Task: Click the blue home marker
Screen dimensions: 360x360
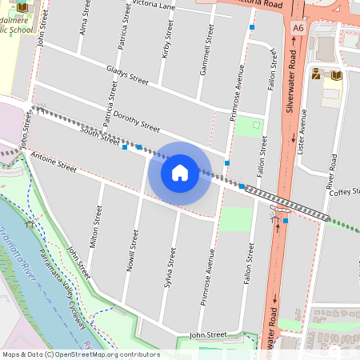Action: [x=180, y=172]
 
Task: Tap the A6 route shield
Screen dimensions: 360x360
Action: [x=298, y=28]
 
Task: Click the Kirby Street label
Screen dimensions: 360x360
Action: [x=167, y=38]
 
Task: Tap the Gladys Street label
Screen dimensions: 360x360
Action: [x=127, y=76]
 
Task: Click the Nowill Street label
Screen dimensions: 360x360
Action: [x=132, y=250]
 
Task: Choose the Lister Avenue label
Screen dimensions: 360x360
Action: [x=302, y=127]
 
